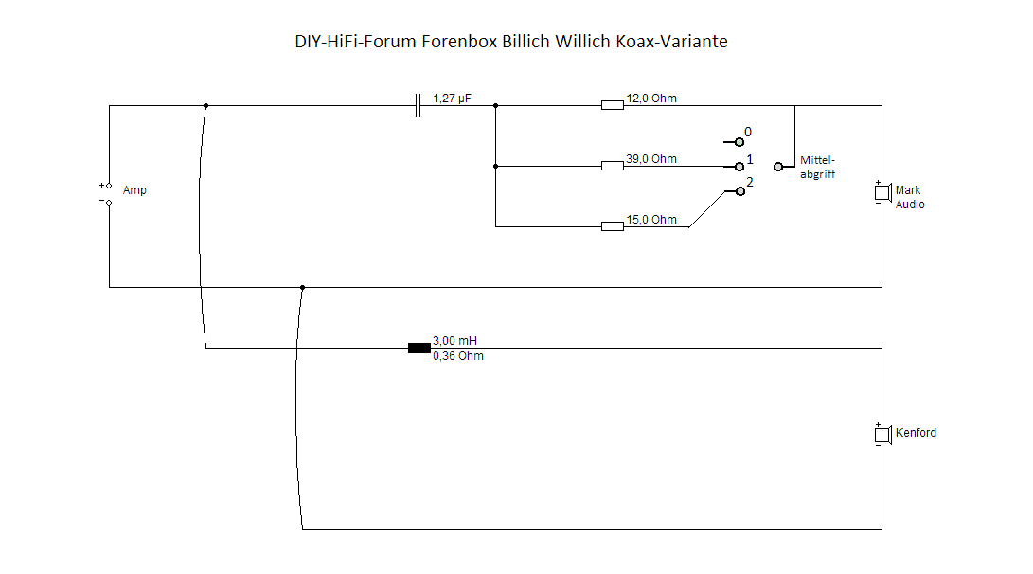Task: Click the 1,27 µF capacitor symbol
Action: click(x=418, y=105)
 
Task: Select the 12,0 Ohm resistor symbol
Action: click(x=613, y=105)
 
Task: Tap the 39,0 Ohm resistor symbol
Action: click(x=613, y=166)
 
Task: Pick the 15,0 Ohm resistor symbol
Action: click(x=613, y=226)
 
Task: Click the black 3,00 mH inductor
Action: click(x=419, y=348)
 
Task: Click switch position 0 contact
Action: click(x=739, y=142)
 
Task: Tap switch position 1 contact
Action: click(x=739, y=166)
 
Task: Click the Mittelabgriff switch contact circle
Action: click(x=778, y=166)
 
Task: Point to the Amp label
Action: click(x=134, y=190)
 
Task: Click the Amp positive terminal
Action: click(x=109, y=186)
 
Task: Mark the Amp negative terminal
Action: click(x=109, y=201)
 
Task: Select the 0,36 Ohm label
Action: click(x=457, y=356)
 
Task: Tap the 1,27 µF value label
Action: click(x=452, y=98)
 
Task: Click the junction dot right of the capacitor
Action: click(x=495, y=105)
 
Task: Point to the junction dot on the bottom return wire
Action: click(x=302, y=287)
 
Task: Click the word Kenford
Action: click(x=916, y=433)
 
